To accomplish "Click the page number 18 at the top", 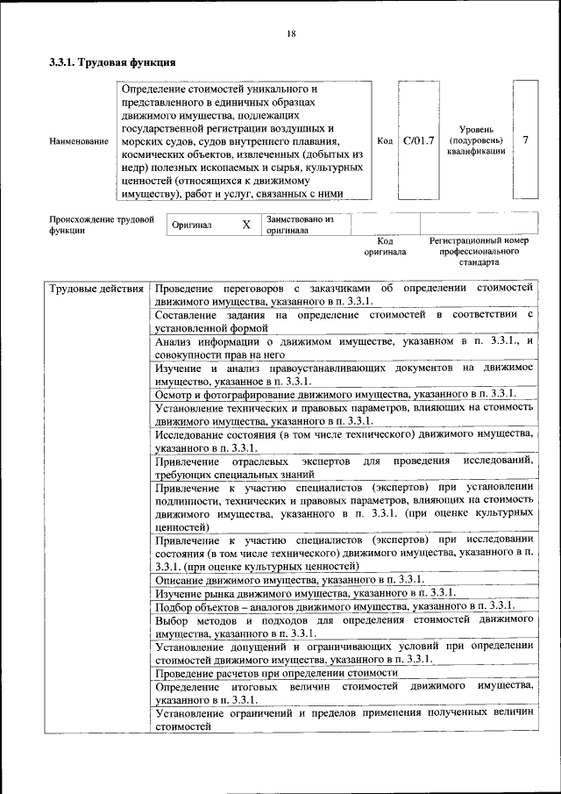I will click(291, 33).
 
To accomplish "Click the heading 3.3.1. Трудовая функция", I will click(112, 63).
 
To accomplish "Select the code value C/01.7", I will click(418, 140).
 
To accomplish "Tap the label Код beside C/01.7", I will click(385, 140).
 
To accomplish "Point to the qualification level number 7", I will click(525, 140).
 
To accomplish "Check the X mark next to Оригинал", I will click(246, 225).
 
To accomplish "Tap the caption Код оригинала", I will click(385, 246).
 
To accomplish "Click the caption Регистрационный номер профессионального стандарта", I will click(479, 251).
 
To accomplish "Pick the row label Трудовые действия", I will click(96, 289).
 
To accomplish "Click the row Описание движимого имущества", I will click(289, 580).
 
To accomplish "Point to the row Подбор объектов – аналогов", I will click(333, 606).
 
